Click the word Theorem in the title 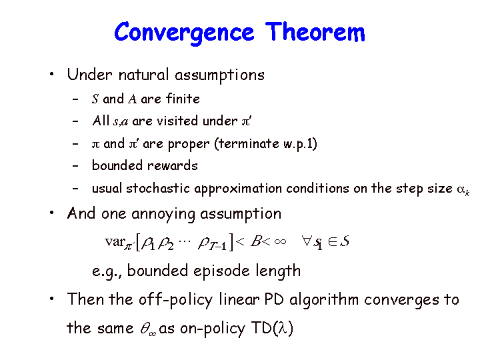[x=315, y=32]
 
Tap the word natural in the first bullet [x=143, y=75]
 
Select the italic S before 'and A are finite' [x=95, y=99]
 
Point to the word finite [x=183, y=99]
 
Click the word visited [x=177, y=121]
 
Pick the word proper [x=189, y=144]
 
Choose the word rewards [x=173, y=165]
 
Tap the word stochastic [x=158, y=188]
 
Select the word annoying [x=163, y=214]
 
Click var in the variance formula [x=115, y=242]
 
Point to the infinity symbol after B [x=280, y=241]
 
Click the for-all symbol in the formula [x=306, y=241]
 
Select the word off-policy [x=175, y=300]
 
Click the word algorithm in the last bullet [x=324, y=300]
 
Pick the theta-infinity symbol [x=148, y=329]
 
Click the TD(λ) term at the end [x=272, y=328]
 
